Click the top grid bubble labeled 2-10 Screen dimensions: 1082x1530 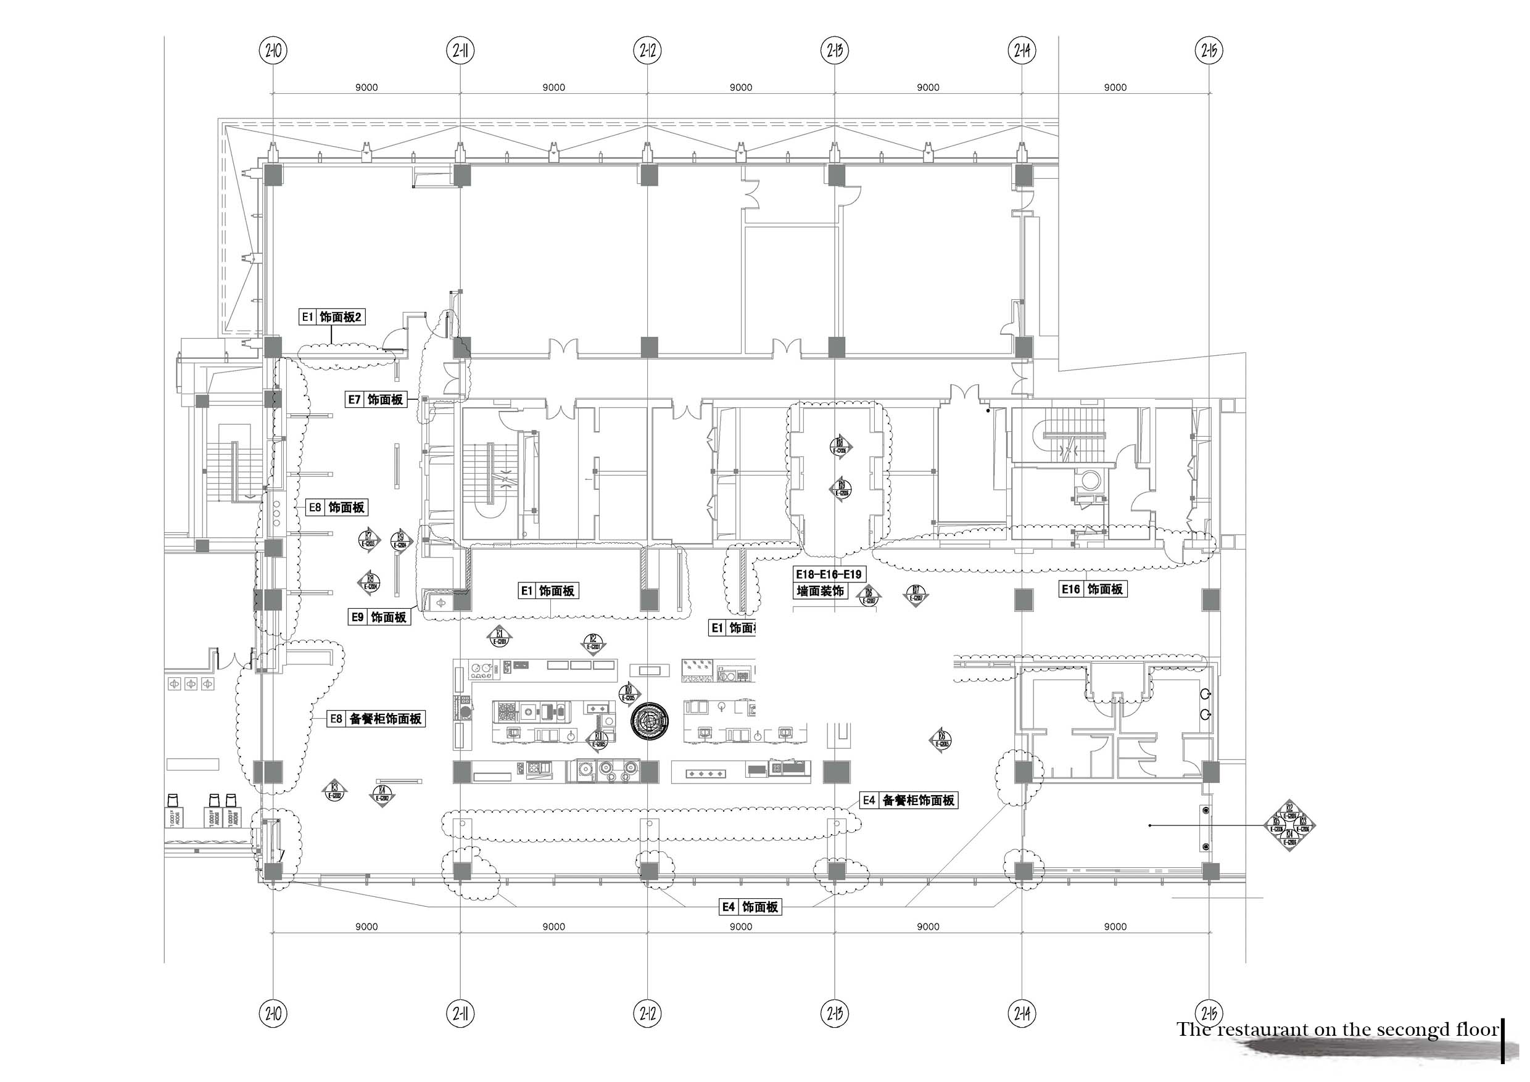click(273, 50)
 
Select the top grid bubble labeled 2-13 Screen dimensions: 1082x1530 click(834, 50)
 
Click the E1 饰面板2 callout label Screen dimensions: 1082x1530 click(332, 317)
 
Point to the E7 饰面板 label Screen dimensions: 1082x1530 click(376, 400)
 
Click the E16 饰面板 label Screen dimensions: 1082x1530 click(1093, 589)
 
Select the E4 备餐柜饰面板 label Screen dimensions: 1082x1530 click(908, 801)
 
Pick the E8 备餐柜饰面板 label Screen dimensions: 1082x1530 click(376, 719)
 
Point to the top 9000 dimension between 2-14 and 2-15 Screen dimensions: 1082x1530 click(1115, 87)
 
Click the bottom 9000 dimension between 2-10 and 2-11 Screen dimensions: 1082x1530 click(366, 927)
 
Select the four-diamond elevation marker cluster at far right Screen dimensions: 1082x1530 click(1289, 826)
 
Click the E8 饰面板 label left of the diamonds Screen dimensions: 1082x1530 click(337, 508)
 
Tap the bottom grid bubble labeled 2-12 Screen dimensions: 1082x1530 click(648, 1015)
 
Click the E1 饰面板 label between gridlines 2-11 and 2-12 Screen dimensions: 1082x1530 click(548, 591)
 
